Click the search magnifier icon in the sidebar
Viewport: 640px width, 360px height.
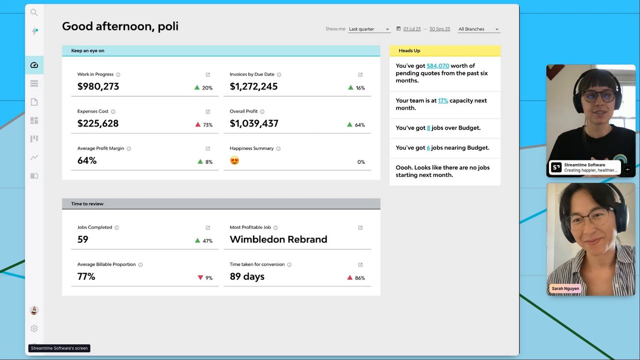(34, 12)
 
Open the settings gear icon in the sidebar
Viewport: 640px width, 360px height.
(34, 328)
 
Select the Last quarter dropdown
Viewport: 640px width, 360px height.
(369, 29)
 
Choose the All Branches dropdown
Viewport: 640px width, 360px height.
(478, 29)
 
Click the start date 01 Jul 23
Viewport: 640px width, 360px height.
(411, 29)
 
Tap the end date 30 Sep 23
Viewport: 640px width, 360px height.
(439, 29)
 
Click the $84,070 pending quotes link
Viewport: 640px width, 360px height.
(437, 65)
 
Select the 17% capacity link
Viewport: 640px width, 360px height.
(443, 100)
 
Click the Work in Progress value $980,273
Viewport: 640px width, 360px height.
(98, 86)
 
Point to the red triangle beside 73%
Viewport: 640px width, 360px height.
(198, 124)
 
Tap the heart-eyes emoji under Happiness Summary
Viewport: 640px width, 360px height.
(234, 160)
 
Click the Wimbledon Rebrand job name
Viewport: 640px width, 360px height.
(278, 239)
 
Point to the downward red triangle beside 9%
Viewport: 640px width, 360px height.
(200, 277)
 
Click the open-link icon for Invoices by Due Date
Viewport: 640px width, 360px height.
(360, 74)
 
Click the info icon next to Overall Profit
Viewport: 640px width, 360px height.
(262, 111)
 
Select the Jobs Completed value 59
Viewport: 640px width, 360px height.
(82, 239)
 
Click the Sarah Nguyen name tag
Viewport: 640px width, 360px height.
(565, 288)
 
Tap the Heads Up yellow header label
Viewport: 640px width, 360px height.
(409, 50)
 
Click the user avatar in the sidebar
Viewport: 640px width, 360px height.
(34, 310)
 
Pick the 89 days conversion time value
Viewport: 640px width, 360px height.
(247, 276)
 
